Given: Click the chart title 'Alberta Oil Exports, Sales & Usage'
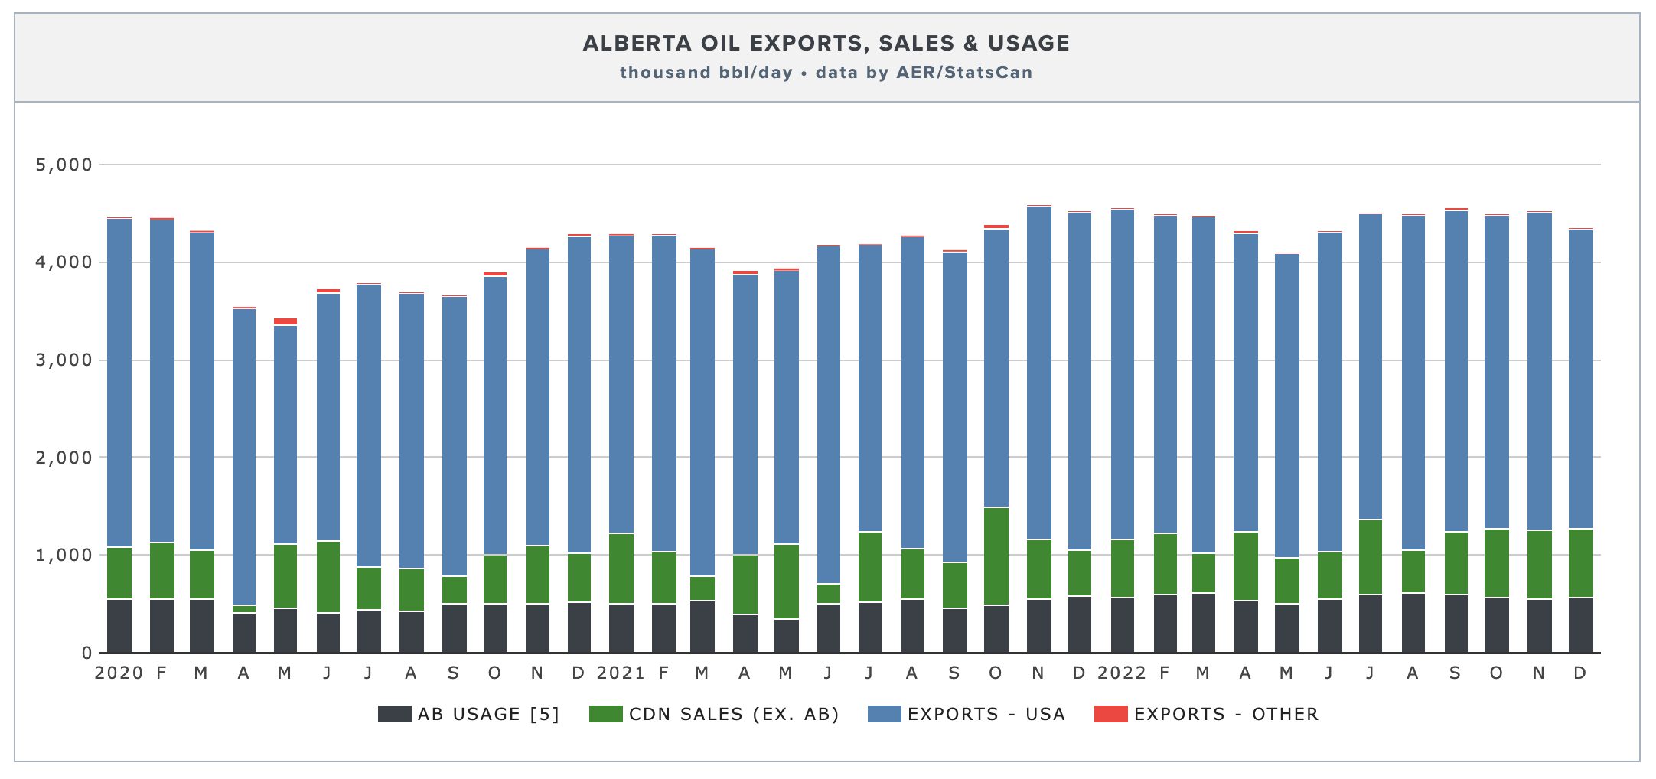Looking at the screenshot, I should pyautogui.click(x=826, y=44).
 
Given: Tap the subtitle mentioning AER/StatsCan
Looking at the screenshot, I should pyautogui.click(x=826, y=73).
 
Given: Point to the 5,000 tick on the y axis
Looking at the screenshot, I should pyautogui.click(x=64, y=165).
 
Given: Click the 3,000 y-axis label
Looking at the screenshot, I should pyautogui.click(x=64, y=360).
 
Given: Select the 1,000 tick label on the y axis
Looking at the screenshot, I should pyautogui.click(x=64, y=555).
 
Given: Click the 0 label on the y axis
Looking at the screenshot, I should pyautogui.click(x=86, y=653).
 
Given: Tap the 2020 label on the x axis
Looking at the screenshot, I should pyautogui.click(x=119, y=673).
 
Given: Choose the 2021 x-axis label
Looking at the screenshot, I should pyautogui.click(x=621, y=673).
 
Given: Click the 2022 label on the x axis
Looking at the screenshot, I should pyautogui.click(x=1122, y=673).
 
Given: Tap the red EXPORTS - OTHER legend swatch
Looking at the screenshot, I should pyautogui.click(x=1110, y=714).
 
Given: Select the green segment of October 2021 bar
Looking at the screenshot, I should pyautogui.click(x=996, y=556).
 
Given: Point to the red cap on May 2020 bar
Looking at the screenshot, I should pyautogui.click(x=285, y=321).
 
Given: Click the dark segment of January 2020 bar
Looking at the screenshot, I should pyautogui.click(x=119, y=625).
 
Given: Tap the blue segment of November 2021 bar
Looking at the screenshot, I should pyautogui.click(x=1038, y=375).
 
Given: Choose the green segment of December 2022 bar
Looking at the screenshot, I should pyautogui.click(x=1580, y=562).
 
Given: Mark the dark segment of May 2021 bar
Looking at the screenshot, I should pyautogui.click(x=787, y=635).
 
